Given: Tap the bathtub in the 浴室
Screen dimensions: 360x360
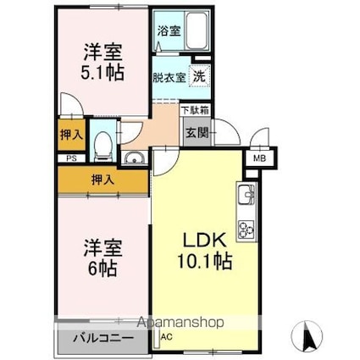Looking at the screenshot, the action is pyautogui.click(x=197, y=30).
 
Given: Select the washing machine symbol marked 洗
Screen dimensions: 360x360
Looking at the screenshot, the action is pyautogui.click(x=200, y=76).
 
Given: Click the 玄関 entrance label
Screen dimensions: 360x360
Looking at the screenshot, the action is pyautogui.click(x=197, y=132).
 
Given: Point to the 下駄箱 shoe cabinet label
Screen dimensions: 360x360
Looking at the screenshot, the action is pyautogui.click(x=195, y=110).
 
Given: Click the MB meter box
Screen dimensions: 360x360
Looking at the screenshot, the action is pyautogui.click(x=259, y=158).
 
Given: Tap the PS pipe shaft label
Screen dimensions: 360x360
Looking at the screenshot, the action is pyautogui.click(x=71, y=158).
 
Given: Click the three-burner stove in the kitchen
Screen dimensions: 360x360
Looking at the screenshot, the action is pyautogui.click(x=246, y=230).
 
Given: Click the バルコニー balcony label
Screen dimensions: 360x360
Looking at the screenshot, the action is pyautogui.click(x=103, y=338).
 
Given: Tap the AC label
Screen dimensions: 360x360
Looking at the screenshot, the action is pyautogui.click(x=167, y=336).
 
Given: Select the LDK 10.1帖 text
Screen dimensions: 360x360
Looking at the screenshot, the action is pyautogui.click(x=205, y=250).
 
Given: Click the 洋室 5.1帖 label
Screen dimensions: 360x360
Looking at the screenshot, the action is pyautogui.click(x=102, y=62).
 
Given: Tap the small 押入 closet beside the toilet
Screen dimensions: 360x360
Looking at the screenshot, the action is pyautogui.click(x=72, y=135).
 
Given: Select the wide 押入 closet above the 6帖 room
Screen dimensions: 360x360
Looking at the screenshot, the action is pyautogui.click(x=103, y=180).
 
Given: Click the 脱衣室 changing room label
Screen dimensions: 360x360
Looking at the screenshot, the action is pyautogui.click(x=169, y=77).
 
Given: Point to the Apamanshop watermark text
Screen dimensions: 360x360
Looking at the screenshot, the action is pyautogui.click(x=180, y=322).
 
